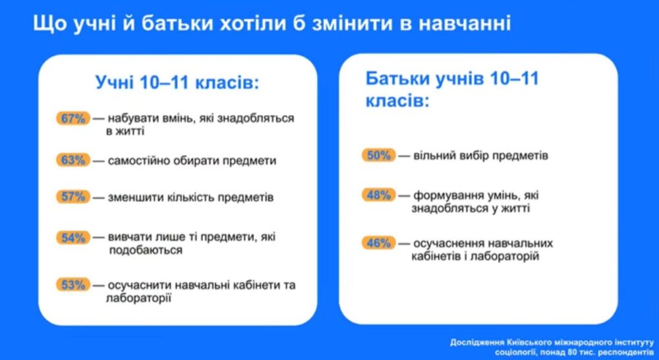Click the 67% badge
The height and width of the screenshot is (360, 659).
(x=73, y=118)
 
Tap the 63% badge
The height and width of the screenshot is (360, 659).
(x=73, y=160)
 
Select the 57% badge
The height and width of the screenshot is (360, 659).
(x=73, y=196)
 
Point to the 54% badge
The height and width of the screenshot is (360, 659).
(x=73, y=237)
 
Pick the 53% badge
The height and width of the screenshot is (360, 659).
(x=73, y=285)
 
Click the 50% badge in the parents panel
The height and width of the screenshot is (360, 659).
(x=379, y=156)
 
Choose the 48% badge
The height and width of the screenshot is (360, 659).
(x=379, y=195)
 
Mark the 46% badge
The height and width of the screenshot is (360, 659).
(x=379, y=243)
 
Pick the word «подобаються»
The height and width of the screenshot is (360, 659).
(x=146, y=251)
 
